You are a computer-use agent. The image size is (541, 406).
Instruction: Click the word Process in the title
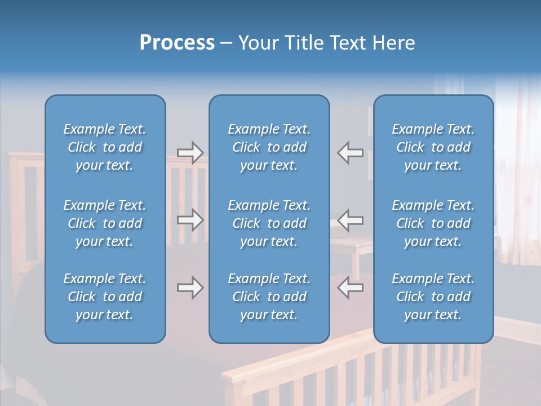(x=177, y=43)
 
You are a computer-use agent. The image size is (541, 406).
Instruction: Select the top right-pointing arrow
(x=190, y=153)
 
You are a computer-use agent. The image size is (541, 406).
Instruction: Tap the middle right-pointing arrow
(x=190, y=219)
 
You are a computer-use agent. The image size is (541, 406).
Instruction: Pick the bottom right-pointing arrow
(x=190, y=288)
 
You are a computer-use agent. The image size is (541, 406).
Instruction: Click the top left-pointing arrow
(x=351, y=153)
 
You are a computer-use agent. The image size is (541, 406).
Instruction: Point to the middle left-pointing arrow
(x=351, y=219)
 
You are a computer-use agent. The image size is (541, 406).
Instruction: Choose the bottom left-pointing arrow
(x=351, y=288)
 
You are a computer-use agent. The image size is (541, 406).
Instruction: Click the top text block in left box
(x=105, y=147)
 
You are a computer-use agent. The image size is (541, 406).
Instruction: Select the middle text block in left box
(x=105, y=223)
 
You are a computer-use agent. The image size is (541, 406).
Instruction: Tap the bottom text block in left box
(x=105, y=297)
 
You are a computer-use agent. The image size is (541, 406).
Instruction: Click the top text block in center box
(x=269, y=147)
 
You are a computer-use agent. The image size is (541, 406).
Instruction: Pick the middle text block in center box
(x=269, y=223)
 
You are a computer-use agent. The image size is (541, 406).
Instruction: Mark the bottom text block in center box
(x=269, y=297)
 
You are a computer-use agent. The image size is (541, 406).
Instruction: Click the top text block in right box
(x=433, y=147)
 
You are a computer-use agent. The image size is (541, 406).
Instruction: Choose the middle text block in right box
(x=433, y=223)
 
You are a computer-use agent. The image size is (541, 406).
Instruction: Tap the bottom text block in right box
(x=433, y=297)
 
